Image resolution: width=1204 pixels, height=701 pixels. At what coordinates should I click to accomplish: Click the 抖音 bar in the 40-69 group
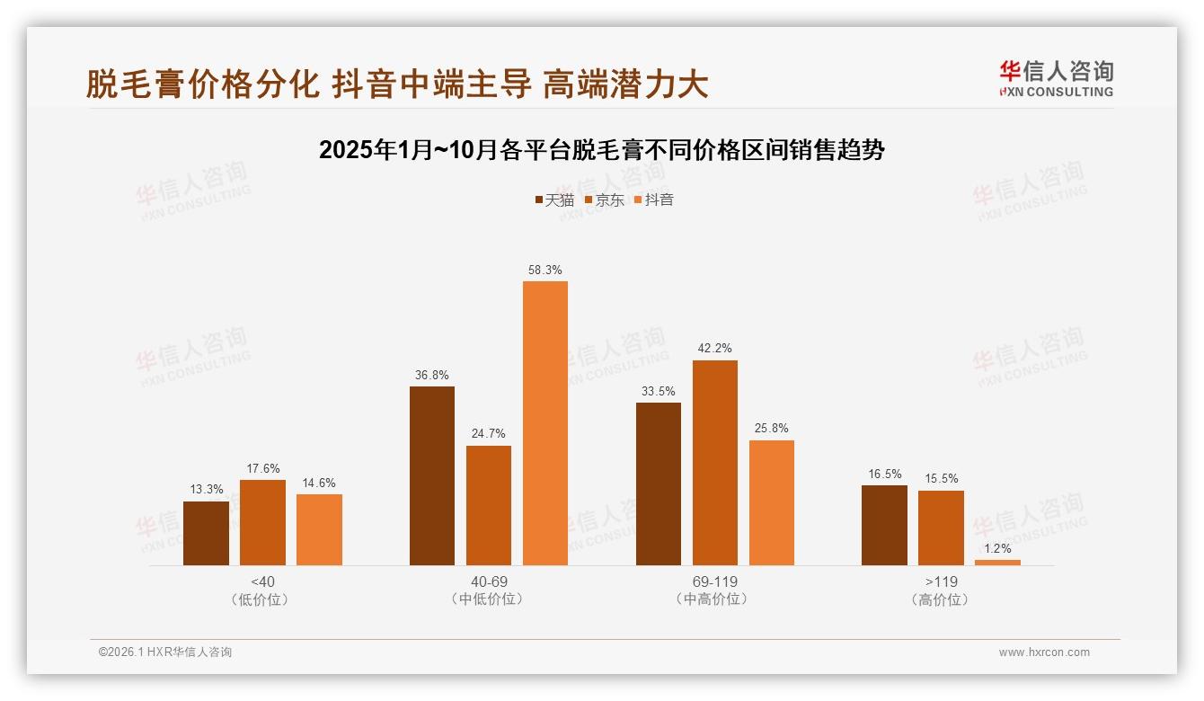point(545,423)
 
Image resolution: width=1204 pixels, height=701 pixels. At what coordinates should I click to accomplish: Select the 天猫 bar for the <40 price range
point(206,533)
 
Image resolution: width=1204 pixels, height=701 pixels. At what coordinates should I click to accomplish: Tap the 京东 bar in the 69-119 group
point(714,463)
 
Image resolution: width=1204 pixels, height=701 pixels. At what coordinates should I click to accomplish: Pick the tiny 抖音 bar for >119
point(997,563)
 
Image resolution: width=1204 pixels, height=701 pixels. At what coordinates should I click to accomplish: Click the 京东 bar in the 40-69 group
point(489,505)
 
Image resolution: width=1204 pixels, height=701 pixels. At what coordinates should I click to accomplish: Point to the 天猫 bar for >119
point(884,526)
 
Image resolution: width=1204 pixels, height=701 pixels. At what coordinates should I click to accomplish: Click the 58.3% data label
point(545,270)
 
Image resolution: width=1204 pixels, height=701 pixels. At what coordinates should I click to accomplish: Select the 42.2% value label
point(714,349)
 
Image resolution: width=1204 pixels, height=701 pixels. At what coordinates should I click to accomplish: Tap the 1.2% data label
point(997,548)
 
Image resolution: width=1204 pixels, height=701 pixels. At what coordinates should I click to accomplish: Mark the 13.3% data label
point(206,490)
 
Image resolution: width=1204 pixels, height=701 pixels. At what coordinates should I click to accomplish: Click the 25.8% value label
point(771,429)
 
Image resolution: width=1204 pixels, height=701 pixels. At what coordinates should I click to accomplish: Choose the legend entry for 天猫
point(554,200)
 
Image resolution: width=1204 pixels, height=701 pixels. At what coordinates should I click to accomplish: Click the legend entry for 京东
point(605,200)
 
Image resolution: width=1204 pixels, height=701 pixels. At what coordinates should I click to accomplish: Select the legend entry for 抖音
point(654,200)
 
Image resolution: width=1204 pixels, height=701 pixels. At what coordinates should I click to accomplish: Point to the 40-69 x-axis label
point(489,581)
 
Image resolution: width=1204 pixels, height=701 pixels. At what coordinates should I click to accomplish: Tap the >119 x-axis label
point(941,581)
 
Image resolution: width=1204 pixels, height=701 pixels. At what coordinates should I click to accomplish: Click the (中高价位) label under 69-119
point(714,599)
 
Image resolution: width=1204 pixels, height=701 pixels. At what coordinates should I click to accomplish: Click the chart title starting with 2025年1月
point(602,150)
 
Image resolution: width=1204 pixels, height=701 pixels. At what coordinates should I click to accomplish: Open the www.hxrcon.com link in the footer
point(1044,652)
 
